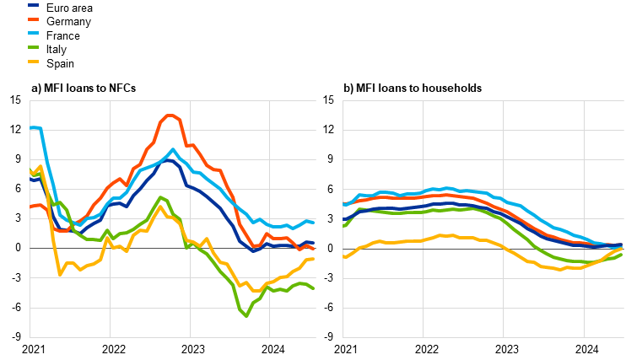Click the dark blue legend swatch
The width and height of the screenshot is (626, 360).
point(33,5)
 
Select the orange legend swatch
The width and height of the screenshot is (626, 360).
point(33,19)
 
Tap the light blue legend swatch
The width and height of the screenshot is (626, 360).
point(33,33)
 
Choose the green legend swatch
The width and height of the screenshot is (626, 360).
point(33,47)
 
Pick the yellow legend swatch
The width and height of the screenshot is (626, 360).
point(33,62)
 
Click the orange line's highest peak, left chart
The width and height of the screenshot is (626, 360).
point(170,116)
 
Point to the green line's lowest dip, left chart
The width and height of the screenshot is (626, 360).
point(246,315)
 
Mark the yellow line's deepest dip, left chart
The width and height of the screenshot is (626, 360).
point(60,274)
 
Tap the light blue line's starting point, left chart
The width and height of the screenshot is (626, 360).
point(30,127)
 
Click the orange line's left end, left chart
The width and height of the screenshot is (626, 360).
point(30,206)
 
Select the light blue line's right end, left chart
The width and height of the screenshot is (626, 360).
point(314,222)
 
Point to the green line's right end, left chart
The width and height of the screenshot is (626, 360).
point(314,288)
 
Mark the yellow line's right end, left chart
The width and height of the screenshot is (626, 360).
point(314,259)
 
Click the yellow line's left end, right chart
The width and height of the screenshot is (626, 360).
point(344,256)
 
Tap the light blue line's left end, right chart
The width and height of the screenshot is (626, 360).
point(344,204)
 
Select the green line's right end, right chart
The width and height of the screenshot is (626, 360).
point(622,253)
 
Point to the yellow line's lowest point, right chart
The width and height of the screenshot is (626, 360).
point(560,269)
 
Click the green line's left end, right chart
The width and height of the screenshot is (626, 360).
point(344,226)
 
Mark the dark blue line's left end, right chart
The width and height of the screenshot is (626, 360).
point(344,220)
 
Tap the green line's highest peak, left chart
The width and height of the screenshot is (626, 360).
point(159,197)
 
